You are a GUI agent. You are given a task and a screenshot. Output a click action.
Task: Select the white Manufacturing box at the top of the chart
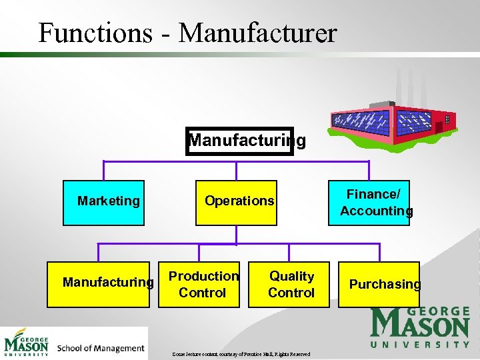click(x=240, y=141)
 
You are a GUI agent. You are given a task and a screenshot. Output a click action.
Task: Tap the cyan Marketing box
click(x=103, y=202)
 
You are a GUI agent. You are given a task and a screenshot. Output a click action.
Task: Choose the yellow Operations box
click(x=236, y=202)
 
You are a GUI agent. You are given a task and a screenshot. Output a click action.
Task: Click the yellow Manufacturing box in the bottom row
click(x=107, y=284)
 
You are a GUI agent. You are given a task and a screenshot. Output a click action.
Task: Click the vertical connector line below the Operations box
click(x=236, y=235)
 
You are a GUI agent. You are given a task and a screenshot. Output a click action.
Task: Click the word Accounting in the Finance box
click(x=377, y=211)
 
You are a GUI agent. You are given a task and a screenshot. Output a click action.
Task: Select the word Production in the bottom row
click(x=203, y=276)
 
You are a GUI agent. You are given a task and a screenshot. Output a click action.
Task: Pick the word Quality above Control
click(x=291, y=276)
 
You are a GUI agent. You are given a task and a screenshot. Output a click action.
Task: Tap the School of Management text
click(x=101, y=348)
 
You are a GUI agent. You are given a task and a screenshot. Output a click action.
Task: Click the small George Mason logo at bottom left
click(x=27, y=343)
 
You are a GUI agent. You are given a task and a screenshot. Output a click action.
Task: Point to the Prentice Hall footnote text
click(x=240, y=354)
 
